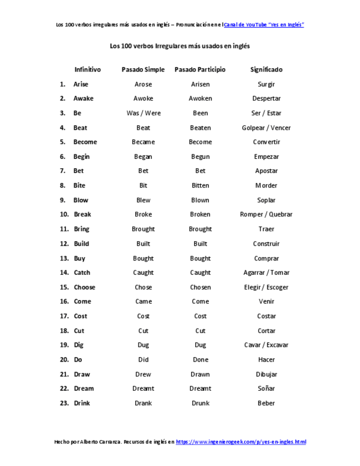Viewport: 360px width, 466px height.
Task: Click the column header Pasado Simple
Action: [143, 70]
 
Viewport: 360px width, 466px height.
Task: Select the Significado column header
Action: [266, 70]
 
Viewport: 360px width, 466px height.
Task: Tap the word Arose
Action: [143, 84]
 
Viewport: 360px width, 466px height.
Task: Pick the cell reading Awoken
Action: [200, 99]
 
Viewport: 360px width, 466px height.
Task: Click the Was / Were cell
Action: [143, 113]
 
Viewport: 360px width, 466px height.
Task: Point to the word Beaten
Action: [200, 128]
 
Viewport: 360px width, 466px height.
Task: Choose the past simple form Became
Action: [143, 142]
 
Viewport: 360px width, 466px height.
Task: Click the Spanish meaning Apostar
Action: [266, 171]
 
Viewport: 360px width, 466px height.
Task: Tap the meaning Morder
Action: [266, 186]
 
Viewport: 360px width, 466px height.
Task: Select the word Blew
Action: [143, 200]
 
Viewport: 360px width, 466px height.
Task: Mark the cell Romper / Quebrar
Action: [266, 214]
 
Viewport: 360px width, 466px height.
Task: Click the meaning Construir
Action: [266, 243]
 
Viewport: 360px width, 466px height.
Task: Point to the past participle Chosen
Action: [200, 287]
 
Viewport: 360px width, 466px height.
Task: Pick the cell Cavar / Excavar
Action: [266, 345]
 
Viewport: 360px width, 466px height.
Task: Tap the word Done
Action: [200, 360]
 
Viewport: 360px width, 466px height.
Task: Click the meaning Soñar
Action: [266, 389]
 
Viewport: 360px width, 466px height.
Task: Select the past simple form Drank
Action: [143, 403]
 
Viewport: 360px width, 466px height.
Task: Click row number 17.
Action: [64, 316]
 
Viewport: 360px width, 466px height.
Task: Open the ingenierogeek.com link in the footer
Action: [241, 442]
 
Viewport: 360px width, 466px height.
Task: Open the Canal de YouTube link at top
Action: [264, 25]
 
